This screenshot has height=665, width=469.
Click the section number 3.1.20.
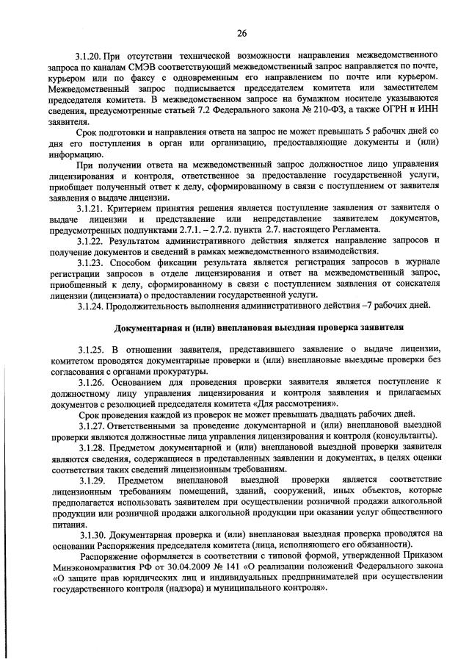pyautogui.click(x=90, y=56)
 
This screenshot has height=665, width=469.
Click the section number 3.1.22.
pyautogui.click(x=90, y=240)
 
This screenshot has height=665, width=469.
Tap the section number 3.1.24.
pyautogui.click(x=90, y=306)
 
